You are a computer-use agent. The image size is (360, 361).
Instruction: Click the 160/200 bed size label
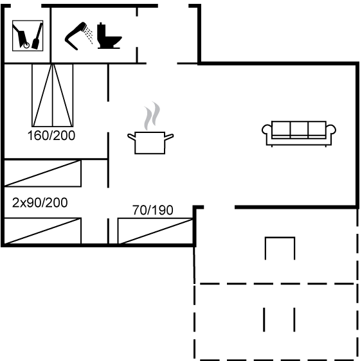(51, 136)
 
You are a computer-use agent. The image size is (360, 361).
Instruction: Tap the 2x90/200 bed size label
(40, 203)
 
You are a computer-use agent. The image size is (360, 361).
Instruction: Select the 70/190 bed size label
(153, 210)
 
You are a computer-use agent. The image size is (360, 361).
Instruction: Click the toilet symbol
(109, 36)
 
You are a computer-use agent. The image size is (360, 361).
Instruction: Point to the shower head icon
(78, 36)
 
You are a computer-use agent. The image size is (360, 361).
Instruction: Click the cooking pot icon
(150, 143)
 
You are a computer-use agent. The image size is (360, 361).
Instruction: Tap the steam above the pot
(152, 116)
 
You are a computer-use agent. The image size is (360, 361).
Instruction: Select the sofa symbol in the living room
(299, 134)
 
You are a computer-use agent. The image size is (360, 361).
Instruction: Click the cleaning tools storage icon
(28, 36)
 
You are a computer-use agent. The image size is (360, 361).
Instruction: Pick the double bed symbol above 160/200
(53, 95)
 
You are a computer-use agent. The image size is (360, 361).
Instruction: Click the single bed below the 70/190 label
(155, 231)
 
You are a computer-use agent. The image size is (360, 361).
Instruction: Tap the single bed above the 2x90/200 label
(43, 173)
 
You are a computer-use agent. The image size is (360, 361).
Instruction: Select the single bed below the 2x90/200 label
(43, 231)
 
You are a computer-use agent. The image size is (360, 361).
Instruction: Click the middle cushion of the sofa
(299, 129)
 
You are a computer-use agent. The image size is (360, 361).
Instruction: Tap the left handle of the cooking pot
(131, 137)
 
